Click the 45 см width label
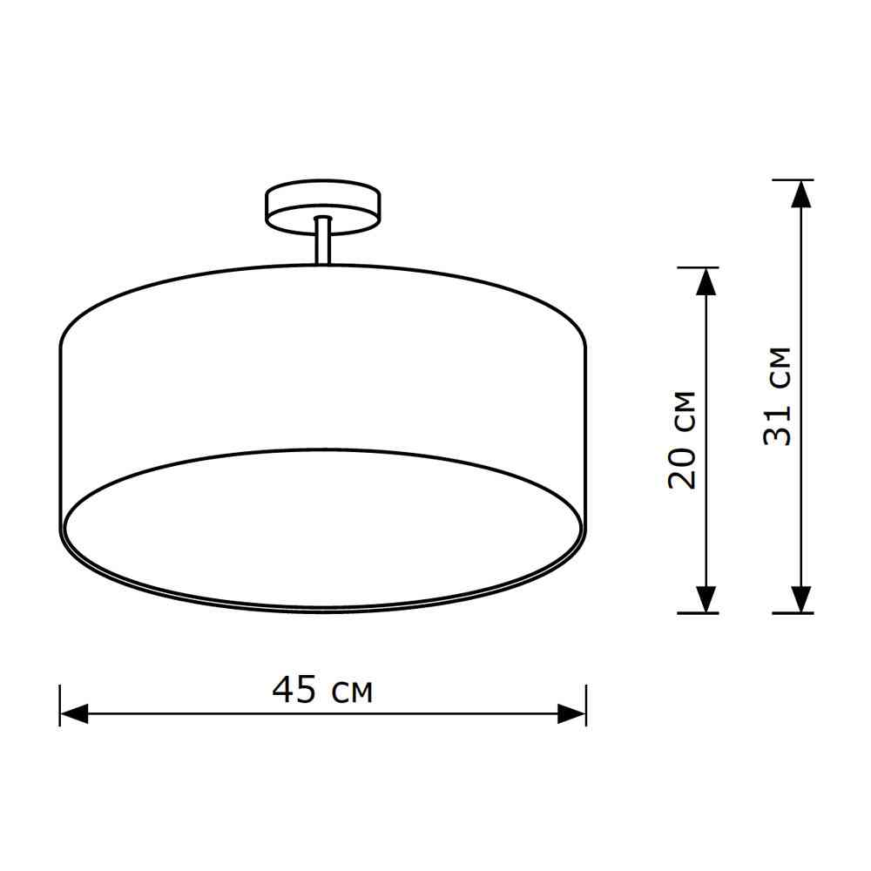coord(322,690)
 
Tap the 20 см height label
coord(682,440)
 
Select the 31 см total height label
coord(777,396)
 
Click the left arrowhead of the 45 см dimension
coord(74,714)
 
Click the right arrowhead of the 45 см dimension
coord(571,714)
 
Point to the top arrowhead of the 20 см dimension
coord(706,281)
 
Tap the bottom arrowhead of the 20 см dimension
coord(706,599)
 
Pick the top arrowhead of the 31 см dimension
coord(801,194)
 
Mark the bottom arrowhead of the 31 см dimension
coord(801,599)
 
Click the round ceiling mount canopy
coord(323,206)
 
